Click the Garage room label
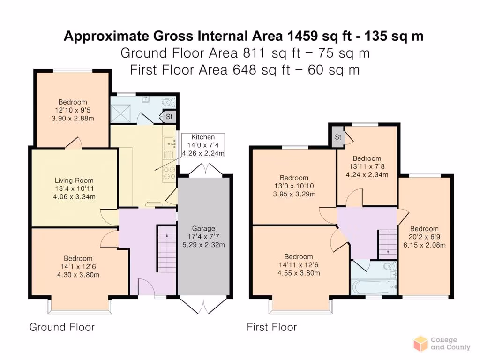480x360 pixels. (203, 228)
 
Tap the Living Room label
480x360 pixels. (74, 180)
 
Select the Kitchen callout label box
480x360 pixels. (203, 145)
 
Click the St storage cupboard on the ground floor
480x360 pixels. (169, 117)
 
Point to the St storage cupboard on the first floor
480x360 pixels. (337, 137)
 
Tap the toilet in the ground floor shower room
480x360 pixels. (169, 102)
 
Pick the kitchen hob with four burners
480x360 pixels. (169, 173)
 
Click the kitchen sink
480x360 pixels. (169, 143)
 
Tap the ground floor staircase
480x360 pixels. (167, 248)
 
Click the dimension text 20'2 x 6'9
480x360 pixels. (424, 237)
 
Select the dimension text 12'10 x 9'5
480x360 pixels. (73, 110)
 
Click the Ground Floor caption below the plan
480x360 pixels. (62, 327)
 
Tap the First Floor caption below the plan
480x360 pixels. (272, 327)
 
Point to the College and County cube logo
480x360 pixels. (420, 343)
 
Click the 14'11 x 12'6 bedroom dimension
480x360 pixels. (299, 265)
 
